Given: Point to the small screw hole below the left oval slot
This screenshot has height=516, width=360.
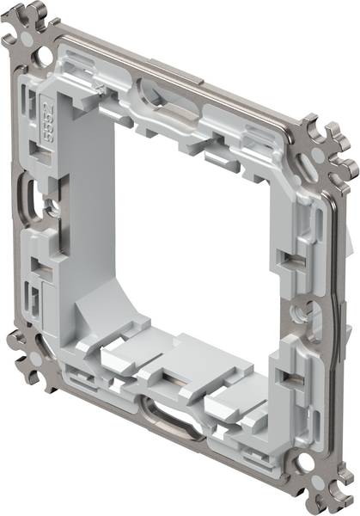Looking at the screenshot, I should tap(53, 208).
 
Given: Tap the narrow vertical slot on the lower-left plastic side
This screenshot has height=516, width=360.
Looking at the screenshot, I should tap(37, 297).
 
